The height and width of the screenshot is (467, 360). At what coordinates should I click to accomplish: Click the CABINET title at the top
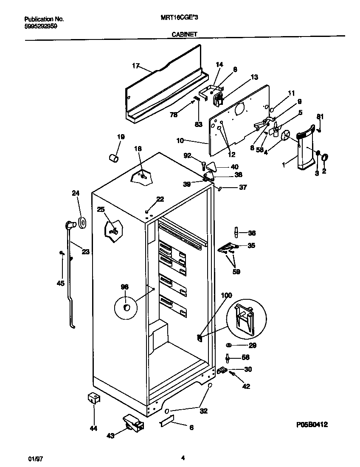pos(184,35)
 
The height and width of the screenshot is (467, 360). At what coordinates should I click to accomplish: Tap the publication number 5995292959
pos(41,25)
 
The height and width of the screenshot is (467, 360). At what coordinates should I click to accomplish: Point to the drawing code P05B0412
pos(312,424)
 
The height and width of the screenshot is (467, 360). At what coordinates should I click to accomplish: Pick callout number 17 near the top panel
pos(135,66)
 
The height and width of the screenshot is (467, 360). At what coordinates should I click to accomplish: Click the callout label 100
pos(227,295)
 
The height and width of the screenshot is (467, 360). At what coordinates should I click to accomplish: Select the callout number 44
pos(93,428)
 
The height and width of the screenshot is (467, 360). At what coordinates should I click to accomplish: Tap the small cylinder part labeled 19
pos(113,158)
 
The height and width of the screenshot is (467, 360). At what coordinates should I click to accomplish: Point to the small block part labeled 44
pos(93,399)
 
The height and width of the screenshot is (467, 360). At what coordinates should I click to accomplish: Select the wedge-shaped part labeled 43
pos(133,422)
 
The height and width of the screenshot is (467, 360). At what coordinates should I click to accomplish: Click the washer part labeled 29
pos(229,345)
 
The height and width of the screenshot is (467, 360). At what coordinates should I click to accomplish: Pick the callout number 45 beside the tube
pos(61,284)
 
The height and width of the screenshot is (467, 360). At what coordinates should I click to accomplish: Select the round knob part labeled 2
pos(325,158)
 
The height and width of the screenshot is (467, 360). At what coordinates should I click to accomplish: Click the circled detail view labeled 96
pos(126,307)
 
